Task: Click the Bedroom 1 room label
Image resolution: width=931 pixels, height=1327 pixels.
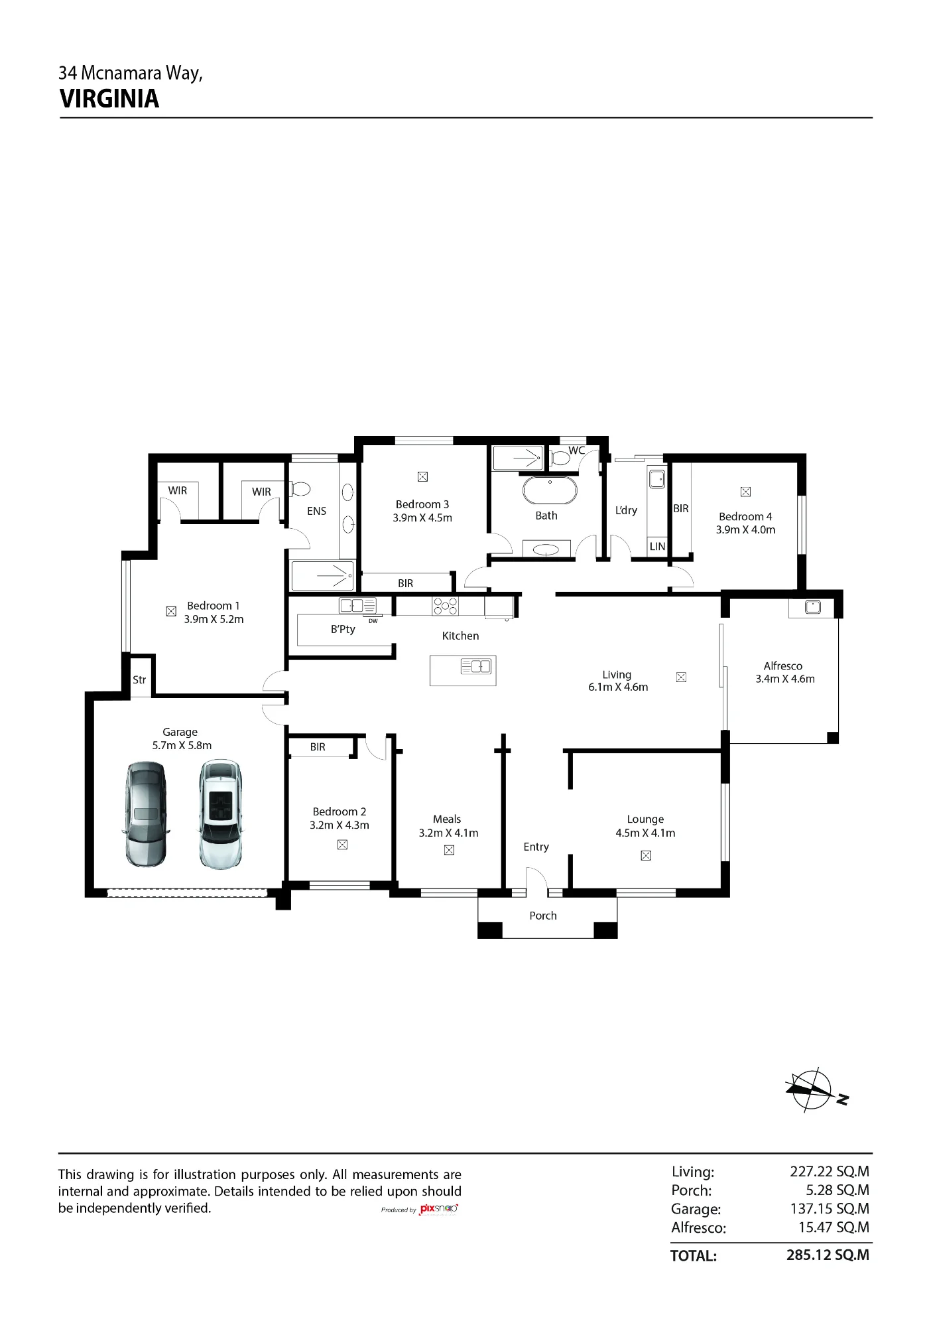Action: pyautogui.click(x=214, y=606)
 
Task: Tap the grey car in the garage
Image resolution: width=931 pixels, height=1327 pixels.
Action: pyautogui.click(x=146, y=814)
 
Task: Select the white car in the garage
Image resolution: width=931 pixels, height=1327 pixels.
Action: pyautogui.click(x=220, y=814)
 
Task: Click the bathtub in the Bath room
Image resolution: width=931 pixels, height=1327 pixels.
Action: pyautogui.click(x=550, y=490)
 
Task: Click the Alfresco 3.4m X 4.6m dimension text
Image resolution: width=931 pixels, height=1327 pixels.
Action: pyautogui.click(x=785, y=679)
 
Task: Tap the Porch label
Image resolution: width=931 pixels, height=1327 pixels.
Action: pyautogui.click(x=543, y=916)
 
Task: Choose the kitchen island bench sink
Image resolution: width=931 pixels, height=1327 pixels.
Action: pyautogui.click(x=476, y=666)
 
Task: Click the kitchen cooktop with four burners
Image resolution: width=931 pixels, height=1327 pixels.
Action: pyautogui.click(x=446, y=606)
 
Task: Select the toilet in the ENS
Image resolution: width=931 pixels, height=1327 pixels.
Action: pyautogui.click(x=300, y=490)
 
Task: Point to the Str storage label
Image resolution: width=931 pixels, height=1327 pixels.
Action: pyautogui.click(x=139, y=680)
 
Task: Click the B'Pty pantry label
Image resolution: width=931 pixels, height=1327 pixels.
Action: pyautogui.click(x=343, y=629)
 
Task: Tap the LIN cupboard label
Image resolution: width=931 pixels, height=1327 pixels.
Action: pyautogui.click(x=657, y=547)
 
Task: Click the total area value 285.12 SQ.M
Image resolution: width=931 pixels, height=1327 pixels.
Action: pyautogui.click(x=828, y=1255)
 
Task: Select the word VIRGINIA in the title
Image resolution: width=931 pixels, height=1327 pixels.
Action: pyautogui.click(x=109, y=99)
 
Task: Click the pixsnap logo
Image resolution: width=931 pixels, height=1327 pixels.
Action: pyautogui.click(x=438, y=1209)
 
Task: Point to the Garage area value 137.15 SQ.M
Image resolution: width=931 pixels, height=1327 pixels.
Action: pyautogui.click(x=830, y=1208)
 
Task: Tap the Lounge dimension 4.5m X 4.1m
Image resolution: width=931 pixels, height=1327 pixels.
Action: pyautogui.click(x=645, y=833)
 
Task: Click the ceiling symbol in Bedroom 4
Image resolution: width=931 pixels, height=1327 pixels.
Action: pyautogui.click(x=745, y=492)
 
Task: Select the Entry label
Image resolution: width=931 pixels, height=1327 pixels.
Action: pyautogui.click(x=536, y=847)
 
